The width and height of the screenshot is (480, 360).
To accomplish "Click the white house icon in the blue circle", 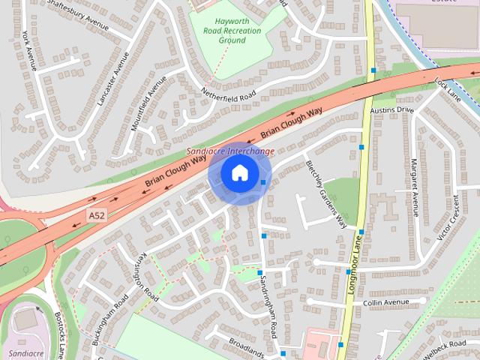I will pyautogui.click(x=239, y=173).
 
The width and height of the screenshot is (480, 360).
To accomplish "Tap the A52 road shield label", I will pyautogui.click(x=95, y=216).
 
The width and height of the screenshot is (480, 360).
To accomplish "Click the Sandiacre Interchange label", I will pyautogui.click(x=230, y=151).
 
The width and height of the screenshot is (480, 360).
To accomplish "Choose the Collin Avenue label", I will pyautogui.click(x=386, y=302).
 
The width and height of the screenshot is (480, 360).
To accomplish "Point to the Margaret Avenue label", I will pyautogui.click(x=413, y=193).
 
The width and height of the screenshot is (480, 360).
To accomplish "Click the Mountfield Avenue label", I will pyautogui.click(x=147, y=103).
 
